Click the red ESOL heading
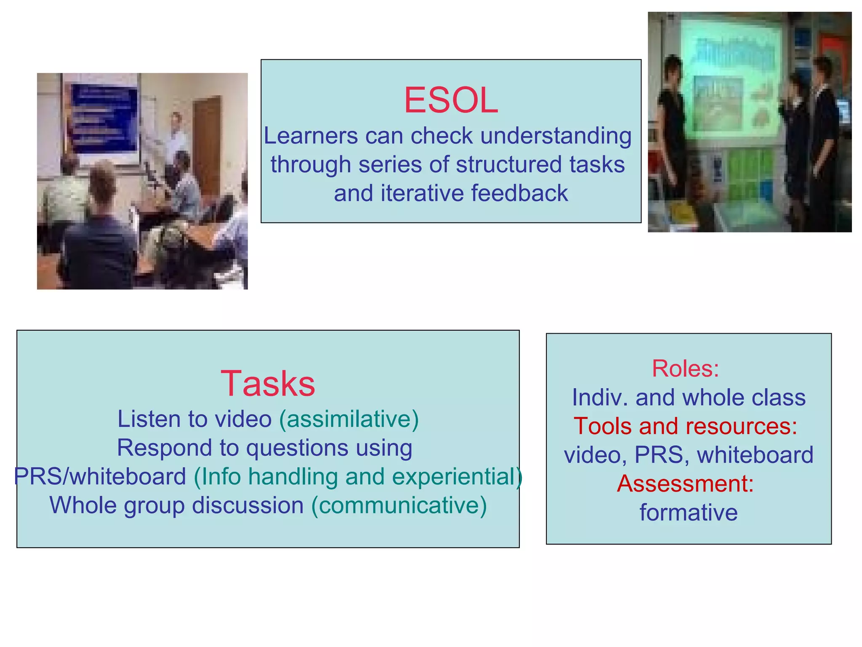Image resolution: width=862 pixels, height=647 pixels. [451, 100]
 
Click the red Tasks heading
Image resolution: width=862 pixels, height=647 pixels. [268, 383]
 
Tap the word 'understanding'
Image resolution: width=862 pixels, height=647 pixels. [556, 136]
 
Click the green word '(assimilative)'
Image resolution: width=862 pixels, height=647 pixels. [349, 419]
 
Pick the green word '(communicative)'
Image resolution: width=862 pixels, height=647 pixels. [399, 505]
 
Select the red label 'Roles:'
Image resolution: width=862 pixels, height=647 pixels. [685, 369]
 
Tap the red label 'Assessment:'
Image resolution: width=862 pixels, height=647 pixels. [685, 484]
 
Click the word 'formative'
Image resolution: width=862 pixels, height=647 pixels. [689, 513]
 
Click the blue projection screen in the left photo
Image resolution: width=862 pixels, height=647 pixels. [104, 118]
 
